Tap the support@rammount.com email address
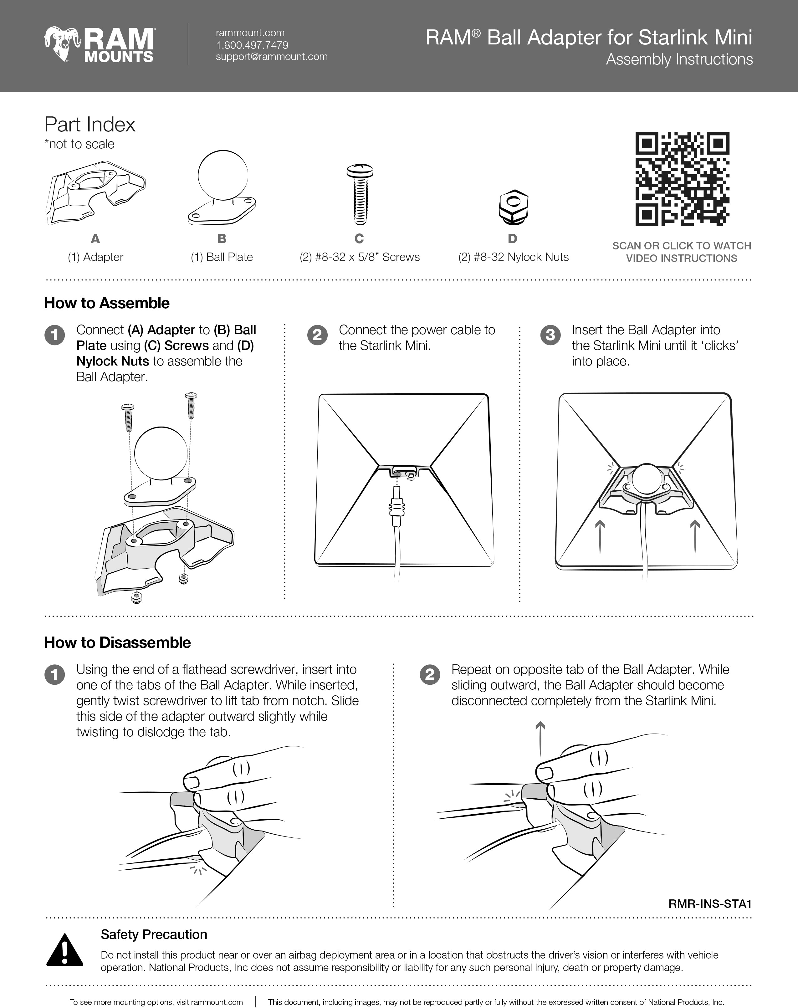pyautogui.click(x=271, y=57)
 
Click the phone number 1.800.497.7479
pyautogui.click(x=252, y=45)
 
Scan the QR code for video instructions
pyautogui.click(x=682, y=179)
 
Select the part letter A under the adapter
pyautogui.click(x=95, y=239)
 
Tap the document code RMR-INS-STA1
pyautogui.click(x=710, y=903)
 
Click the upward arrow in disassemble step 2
pyautogui.click(x=540, y=739)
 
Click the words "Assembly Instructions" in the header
pyautogui.click(x=679, y=59)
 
